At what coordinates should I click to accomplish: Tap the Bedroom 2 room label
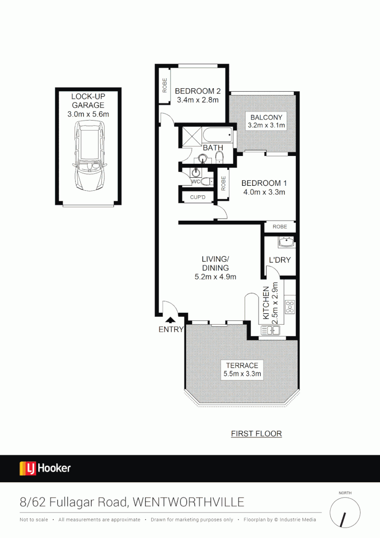point(197,91)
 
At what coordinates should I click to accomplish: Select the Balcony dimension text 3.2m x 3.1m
point(266,126)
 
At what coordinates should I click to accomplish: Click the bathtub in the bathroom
point(217,134)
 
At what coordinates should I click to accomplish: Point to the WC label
point(195,181)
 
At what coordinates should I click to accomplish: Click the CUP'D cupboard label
point(197,198)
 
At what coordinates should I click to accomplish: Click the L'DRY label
point(280,260)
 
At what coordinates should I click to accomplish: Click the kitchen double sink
point(271,330)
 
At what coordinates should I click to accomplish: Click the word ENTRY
point(171,329)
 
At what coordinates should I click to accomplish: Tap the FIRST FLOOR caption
point(256,434)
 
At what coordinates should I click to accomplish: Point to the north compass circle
point(345,513)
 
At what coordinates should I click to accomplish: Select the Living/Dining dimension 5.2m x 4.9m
point(215,277)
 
